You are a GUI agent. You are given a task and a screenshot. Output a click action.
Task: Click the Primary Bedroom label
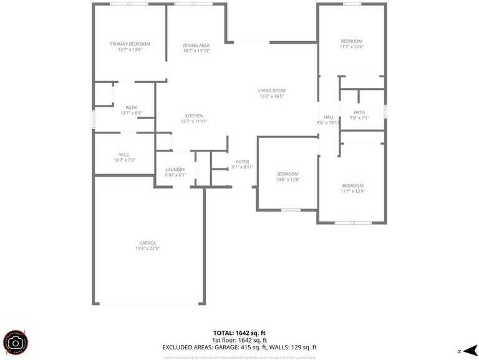(130, 44)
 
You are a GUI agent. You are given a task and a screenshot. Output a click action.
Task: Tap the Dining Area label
(196, 46)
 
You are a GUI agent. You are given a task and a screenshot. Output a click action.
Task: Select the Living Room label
(271, 90)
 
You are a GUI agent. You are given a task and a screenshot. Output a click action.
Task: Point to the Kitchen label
(193, 116)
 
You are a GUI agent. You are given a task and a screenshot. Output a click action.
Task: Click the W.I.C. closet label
(124, 154)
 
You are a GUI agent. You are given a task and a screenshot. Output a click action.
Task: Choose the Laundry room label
(175, 170)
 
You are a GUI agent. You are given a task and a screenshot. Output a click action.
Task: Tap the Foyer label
(242, 162)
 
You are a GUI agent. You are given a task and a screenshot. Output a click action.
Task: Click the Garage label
(147, 243)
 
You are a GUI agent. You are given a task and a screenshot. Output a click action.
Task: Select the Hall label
(329, 117)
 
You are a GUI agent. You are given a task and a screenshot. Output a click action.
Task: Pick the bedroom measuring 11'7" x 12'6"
(351, 44)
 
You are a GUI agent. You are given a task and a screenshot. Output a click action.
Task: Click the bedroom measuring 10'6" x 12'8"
(288, 177)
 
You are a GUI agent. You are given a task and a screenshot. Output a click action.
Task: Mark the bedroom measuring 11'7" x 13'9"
(352, 188)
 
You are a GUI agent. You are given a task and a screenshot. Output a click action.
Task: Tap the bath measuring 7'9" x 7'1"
(359, 115)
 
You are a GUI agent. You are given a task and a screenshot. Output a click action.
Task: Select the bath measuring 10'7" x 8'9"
(131, 110)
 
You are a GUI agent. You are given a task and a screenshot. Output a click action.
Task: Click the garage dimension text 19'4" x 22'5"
(147, 248)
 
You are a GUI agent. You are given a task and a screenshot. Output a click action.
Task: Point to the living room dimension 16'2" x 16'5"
(271, 96)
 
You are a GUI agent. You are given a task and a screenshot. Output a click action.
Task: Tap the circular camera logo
(16, 343)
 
